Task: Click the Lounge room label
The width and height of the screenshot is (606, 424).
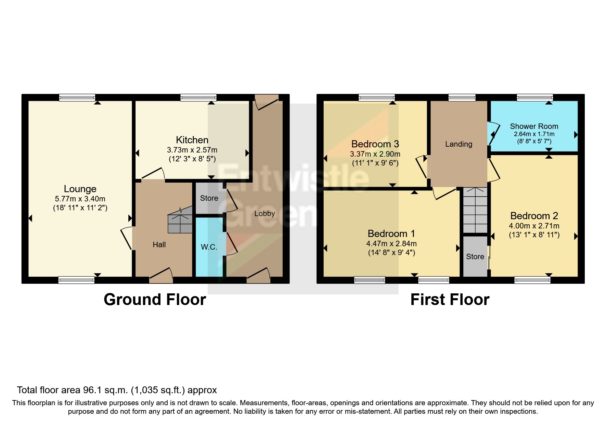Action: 80,189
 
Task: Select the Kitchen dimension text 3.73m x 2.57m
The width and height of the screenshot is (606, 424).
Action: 192,150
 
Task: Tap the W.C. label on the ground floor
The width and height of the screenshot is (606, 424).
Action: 209,247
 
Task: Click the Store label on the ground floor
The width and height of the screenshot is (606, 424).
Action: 209,198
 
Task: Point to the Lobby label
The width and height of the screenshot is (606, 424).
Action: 265,214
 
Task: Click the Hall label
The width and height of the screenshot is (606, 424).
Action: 159,244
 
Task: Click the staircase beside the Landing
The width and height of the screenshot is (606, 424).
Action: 475,210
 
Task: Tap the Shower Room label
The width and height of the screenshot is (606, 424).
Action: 534,126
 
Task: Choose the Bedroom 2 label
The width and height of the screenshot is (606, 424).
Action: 534,216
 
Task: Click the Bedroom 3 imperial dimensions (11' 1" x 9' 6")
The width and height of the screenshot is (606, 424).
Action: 375,163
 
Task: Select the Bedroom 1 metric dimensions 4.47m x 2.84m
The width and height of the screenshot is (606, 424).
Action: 391,244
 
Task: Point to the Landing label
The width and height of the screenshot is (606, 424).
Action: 459,144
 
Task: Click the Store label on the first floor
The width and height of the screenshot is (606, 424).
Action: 475,256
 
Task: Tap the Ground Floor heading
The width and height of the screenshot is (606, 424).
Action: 155,300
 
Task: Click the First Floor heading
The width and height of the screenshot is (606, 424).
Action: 450,300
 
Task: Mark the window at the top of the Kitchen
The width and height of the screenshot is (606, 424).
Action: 198,98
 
